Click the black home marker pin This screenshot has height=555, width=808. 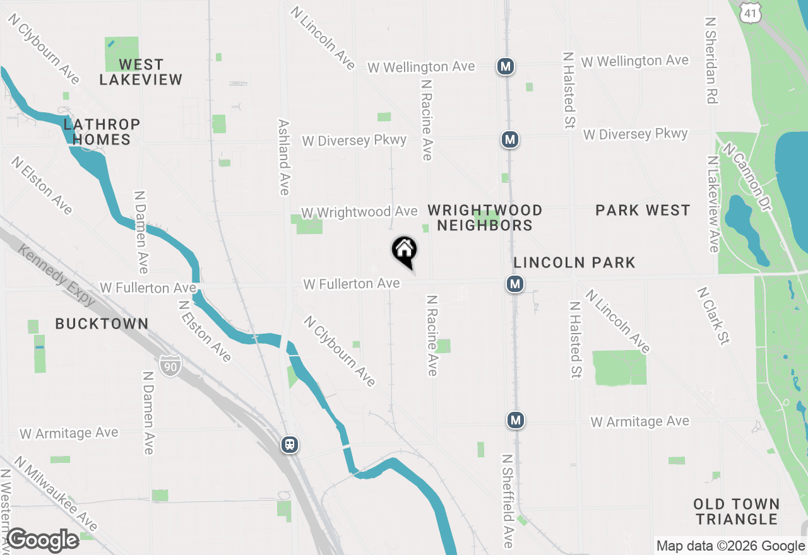click(x=405, y=251)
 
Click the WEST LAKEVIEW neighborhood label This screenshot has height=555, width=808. click(x=141, y=72)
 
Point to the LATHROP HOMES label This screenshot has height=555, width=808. click(x=102, y=132)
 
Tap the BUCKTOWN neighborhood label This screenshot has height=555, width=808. click(x=102, y=324)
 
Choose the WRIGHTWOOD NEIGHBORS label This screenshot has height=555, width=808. click(x=485, y=218)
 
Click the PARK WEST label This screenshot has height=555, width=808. click(x=643, y=211)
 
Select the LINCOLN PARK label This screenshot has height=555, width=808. click(x=574, y=262)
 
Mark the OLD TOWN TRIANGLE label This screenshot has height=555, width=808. click(x=736, y=511)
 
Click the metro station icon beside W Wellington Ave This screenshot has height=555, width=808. click(x=504, y=66)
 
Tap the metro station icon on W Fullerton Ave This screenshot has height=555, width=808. click(x=515, y=284)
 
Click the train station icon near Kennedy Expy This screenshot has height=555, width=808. click(x=290, y=445)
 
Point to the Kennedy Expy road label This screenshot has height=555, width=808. click(x=56, y=276)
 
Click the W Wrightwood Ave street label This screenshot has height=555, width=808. click(x=359, y=213)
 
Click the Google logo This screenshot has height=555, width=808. click(x=42, y=540)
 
